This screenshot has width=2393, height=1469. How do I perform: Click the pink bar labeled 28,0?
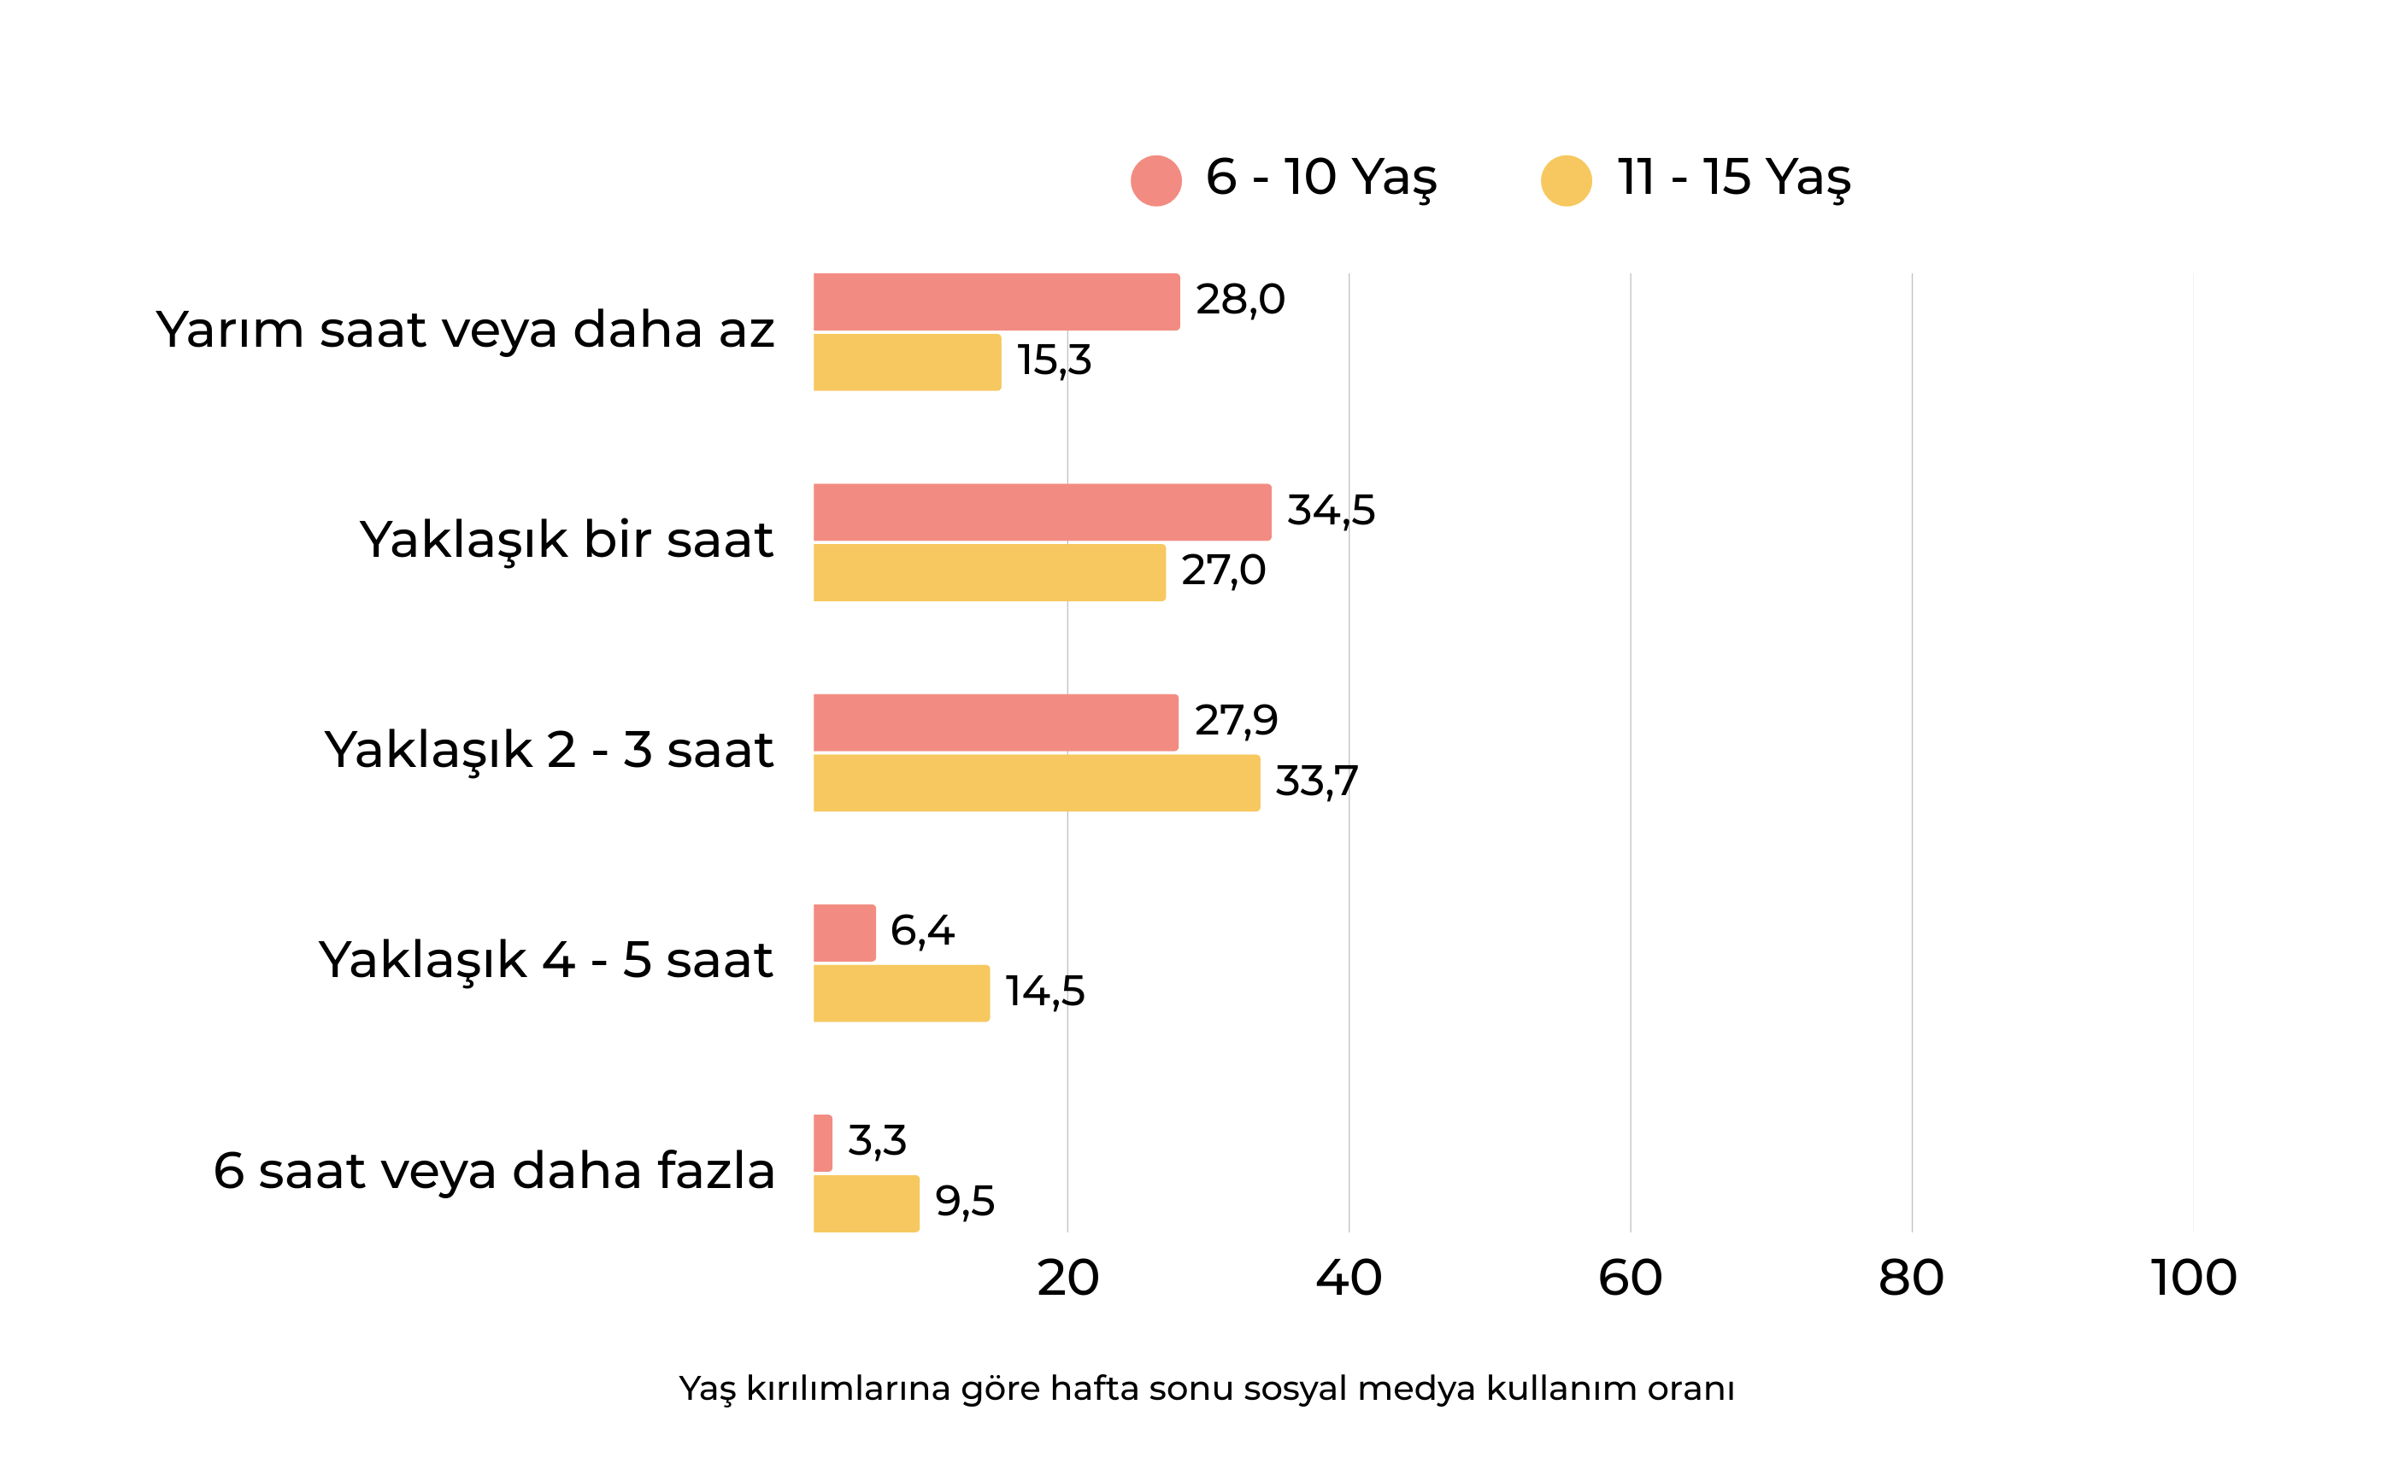point(997,302)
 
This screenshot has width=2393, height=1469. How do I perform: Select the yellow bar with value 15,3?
point(907,362)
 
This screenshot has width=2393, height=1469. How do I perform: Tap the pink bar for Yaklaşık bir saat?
point(1042,512)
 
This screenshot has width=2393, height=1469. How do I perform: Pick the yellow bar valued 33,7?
point(1036,783)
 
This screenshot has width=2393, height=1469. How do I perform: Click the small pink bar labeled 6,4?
point(844,933)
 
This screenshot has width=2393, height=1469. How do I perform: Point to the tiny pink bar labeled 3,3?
point(823,1144)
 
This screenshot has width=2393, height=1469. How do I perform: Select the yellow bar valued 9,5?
point(866,1203)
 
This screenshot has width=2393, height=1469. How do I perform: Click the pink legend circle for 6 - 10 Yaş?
point(1155,181)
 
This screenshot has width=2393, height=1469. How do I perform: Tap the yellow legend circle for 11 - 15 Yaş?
point(1566,181)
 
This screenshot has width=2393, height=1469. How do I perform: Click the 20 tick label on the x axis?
point(1067,1278)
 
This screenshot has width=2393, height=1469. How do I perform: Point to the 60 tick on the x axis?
point(1630,1278)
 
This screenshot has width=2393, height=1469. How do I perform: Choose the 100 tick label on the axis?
point(2194,1278)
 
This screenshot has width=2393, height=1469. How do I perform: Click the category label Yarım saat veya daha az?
point(465,331)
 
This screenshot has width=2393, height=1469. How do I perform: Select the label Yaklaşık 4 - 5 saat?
point(545,961)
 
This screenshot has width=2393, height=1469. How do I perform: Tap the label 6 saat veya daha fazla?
point(494,1171)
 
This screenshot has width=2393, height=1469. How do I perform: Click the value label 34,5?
point(1331,510)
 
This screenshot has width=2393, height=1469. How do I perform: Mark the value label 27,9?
point(1235,721)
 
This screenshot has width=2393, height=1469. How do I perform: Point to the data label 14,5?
point(1045,992)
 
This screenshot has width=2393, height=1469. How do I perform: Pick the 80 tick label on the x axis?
point(1911,1278)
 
